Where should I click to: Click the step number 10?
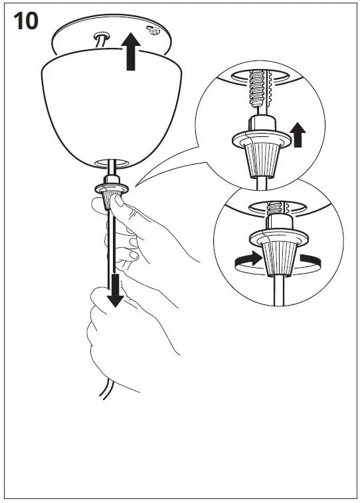25,21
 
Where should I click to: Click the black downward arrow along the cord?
116,290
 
